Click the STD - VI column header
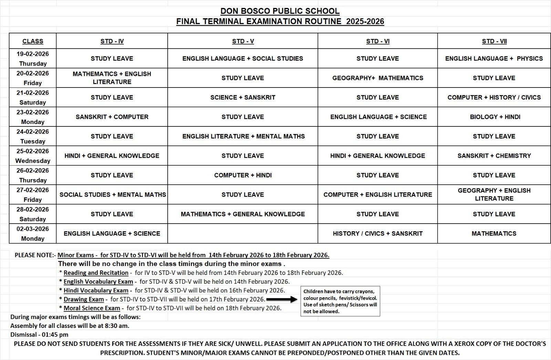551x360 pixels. coord(377,41)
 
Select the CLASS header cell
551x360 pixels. coord(33,41)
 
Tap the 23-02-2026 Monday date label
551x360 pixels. coord(33,117)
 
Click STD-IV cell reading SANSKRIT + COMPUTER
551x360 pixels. coord(112,117)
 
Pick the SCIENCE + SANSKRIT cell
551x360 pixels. coord(243,97)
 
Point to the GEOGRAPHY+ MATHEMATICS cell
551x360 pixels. coord(377,78)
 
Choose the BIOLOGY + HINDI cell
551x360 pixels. coord(494,117)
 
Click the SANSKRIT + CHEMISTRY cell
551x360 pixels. coord(494,156)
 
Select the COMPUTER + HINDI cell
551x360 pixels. coord(243,175)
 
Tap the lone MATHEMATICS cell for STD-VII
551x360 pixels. coord(494,234)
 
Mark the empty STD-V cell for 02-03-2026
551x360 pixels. coord(243,234)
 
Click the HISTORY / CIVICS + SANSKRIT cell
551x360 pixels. coord(377,234)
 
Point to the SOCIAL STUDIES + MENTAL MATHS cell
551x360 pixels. coord(112,195)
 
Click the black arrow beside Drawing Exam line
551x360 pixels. coord(282,299)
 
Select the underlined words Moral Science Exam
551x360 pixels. coord(92,308)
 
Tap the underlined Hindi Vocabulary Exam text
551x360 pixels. coord(96,290)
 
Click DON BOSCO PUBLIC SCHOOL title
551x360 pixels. coord(280,11)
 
